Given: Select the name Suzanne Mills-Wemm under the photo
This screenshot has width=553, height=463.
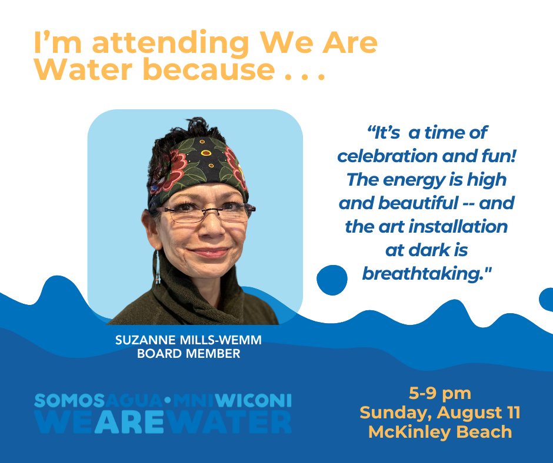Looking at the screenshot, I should pos(188,341).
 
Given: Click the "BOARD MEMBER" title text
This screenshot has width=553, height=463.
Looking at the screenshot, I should pos(188,354).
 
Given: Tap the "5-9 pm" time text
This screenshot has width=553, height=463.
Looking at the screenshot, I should pos(440,392).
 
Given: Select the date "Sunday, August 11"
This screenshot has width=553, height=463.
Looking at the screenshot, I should pos(440,412).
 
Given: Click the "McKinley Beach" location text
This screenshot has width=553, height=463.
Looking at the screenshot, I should pos(440,432).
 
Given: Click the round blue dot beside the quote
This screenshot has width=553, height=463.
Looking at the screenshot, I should pos(332,280).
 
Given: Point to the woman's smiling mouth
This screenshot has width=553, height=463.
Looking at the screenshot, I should pos(209,253).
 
